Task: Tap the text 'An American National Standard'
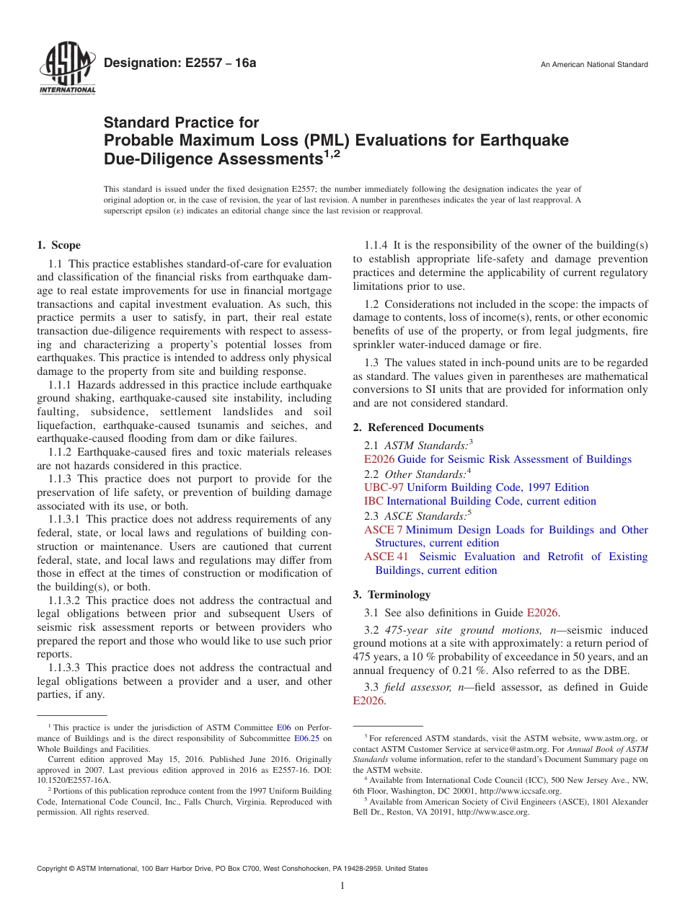coord(594,65)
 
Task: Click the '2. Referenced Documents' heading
coord(418,428)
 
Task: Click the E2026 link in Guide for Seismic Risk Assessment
coord(379,459)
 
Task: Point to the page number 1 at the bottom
coord(342,885)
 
